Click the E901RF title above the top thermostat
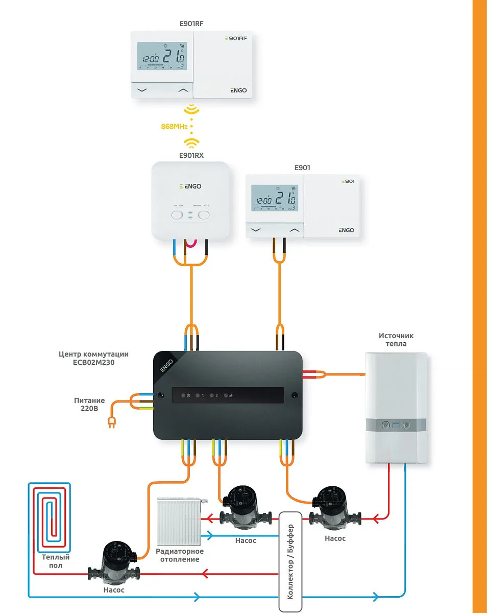click(191, 23)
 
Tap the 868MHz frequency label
click(174, 126)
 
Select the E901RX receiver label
click(191, 155)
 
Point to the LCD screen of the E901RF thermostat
click(162, 57)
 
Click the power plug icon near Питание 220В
click(110, 422)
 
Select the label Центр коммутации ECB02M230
click(93, 358)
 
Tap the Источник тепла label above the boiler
click(396, 340)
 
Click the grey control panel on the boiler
click(396, 425)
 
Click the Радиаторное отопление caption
click(179, 555)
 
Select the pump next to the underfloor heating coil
click(114, 563)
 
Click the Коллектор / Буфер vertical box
click(290, 560)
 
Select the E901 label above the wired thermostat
click(302, 168)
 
